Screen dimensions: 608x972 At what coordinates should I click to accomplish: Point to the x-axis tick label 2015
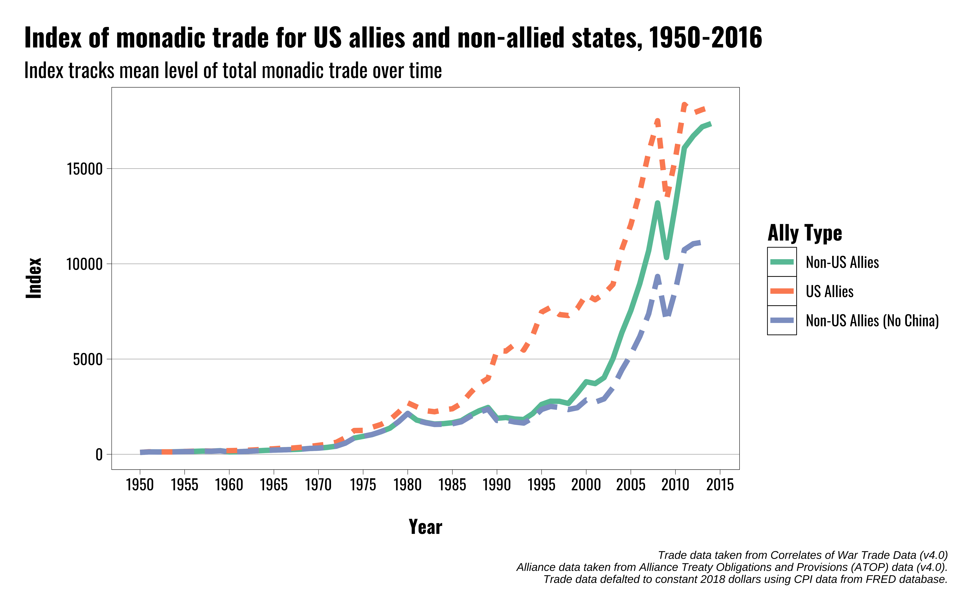tap(720, 485)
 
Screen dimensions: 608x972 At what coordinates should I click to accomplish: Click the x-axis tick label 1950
tap(140, 485)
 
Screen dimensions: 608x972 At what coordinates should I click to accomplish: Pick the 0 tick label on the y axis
tap(99, 455)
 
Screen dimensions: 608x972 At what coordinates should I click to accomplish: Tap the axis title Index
tap(34, 278)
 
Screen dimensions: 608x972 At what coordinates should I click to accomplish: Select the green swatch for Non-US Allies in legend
tap(782, 262)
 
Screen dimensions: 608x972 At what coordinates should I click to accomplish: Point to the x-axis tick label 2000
tap(586, 485)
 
